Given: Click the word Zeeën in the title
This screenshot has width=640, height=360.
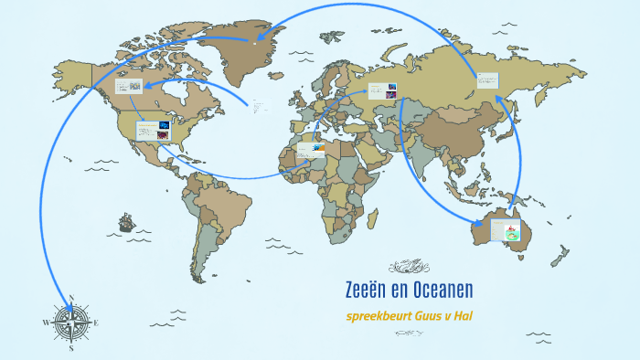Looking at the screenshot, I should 366,291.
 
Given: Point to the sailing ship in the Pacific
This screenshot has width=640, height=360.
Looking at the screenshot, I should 125,221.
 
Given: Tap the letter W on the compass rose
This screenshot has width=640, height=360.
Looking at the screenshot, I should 45,323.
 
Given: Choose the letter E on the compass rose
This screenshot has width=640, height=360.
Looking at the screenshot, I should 96,323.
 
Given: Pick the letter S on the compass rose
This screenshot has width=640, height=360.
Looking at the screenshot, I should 71,347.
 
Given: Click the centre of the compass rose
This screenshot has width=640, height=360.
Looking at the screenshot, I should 71,323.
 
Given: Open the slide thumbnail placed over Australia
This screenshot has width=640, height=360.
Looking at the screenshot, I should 506,231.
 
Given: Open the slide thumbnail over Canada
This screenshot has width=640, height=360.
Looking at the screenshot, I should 128,87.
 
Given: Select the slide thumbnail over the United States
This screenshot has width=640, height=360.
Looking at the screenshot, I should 152,131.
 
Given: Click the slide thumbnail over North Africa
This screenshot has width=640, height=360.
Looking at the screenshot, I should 311,148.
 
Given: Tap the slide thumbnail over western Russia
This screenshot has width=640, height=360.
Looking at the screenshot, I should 381,91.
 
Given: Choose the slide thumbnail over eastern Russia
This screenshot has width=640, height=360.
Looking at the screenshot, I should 485,82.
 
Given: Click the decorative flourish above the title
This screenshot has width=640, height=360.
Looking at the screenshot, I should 410,267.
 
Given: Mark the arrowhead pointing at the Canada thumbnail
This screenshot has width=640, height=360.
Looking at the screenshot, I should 149,85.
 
